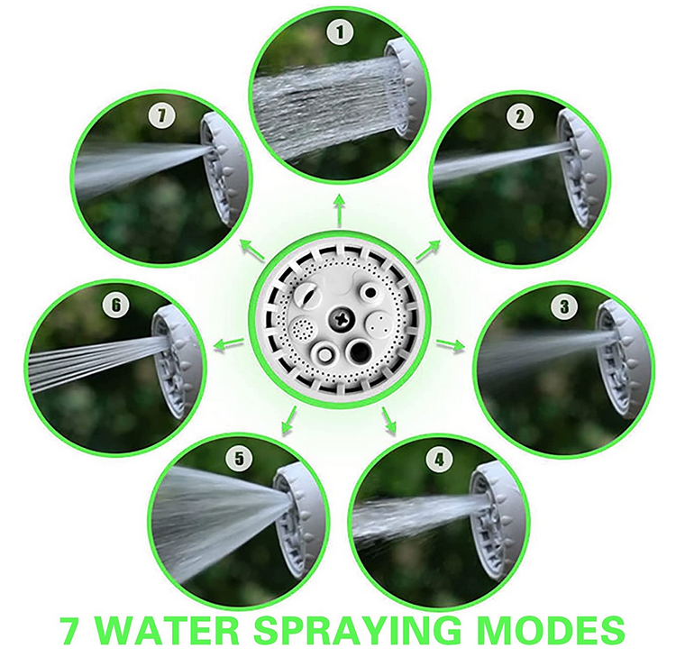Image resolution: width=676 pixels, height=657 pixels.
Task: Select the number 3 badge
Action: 563,307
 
